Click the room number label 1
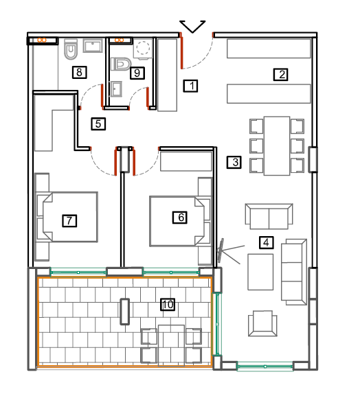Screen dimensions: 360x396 [x=190, y=86]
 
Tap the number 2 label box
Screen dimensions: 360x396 [x=280, y=75]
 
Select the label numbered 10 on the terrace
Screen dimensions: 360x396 [x=168, y=304]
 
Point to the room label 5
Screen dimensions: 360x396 [x=98, y=124]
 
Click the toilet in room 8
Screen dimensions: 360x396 [x=71, y=49]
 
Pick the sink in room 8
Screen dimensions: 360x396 [x=93, y=46]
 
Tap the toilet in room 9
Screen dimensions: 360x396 [x=121, y=64]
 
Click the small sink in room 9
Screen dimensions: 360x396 [x=116, y=89]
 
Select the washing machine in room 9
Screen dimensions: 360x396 [x=143, y=49]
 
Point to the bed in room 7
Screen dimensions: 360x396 [x=67, y=217]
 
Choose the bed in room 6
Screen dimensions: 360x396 [x=180, y=221]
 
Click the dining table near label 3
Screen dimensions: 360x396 [x=277, y=145]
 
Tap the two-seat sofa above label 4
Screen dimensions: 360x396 [x=269, y=216]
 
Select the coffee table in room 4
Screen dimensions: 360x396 [x=260, y=272]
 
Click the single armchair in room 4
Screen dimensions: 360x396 [x=262, y=323]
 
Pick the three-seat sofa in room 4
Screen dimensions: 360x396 [x=294, y=272]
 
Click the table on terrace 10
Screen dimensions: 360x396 [x=171, y=345]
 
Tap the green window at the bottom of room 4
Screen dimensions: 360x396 [x=265, y=366]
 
